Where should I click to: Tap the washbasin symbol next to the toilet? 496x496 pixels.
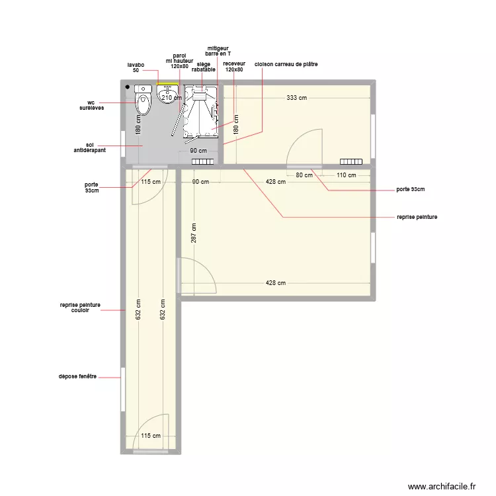[x=166, y=95]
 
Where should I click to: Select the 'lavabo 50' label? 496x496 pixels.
[x=136, y=67]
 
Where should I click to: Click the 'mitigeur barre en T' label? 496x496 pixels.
[x=218, y=51]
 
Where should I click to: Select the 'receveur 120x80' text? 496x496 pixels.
[x=233, y=67]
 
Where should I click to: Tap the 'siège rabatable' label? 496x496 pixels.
[x=204, y=67]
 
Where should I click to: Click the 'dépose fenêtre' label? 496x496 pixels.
[x=77, y=376]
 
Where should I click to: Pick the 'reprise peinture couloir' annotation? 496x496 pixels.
[x=80, y=308]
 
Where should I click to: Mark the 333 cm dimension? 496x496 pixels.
[x=297, y=98]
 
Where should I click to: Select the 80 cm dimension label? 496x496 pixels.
[x=304, y=175]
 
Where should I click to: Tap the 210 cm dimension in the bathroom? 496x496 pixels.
[x=171, y=98]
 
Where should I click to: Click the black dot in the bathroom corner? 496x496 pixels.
[x=127, y=87]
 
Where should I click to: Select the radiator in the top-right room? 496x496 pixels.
[x=351, y=161]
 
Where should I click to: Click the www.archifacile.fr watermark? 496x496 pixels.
[x=441, y=486]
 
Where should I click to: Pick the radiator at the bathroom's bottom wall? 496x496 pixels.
[x=202, y=161]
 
